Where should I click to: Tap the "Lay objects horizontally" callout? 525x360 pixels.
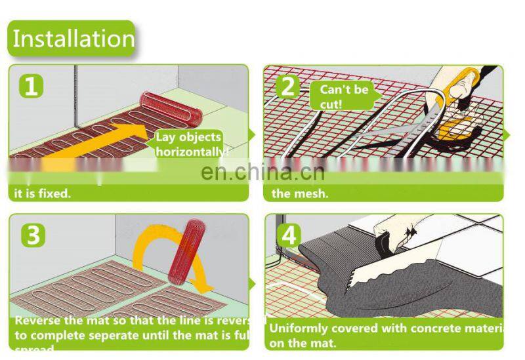pyautogui.click(x=189, y=145)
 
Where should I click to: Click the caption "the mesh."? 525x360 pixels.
pyautogui.click(x=299, y=193)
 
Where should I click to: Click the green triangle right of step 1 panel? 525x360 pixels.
pyautogui.click(x=253, y=135)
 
